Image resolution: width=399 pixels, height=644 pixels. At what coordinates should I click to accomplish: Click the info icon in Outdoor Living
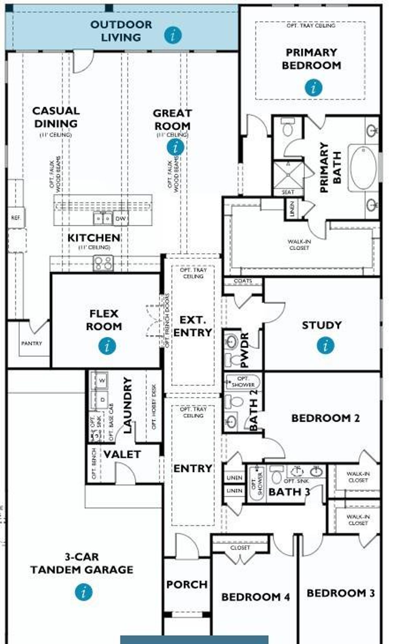(x=173, y=35)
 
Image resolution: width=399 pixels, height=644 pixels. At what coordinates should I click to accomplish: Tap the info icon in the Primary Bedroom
(x=313, y=87)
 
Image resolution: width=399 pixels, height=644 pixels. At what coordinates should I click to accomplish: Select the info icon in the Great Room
(x=175, y=147)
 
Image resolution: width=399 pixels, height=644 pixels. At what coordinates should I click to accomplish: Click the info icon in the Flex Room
(x=107, y=346)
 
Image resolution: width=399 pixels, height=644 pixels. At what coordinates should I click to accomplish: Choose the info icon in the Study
(x=326, y=346)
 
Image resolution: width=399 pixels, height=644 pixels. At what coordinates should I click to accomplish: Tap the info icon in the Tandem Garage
(x=84, y=592)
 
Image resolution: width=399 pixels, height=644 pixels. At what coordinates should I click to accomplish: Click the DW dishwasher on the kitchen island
(x=120, y=219)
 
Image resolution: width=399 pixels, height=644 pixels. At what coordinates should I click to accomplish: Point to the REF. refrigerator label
(x=16, y=218)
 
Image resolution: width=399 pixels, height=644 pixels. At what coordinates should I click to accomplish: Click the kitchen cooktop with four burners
(x=103, y=263)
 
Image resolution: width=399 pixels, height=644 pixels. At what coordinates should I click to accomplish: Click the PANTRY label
(x=31, y=343)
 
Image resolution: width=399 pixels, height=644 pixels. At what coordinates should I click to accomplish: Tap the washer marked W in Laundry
(x=102, y=380)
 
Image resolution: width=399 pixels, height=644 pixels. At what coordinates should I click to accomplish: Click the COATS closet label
(x=243, y=281)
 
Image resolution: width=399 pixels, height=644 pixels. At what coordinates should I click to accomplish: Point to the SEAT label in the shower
(x=288, y=192)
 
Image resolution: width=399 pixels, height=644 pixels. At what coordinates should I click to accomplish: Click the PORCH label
(x=187, y=584)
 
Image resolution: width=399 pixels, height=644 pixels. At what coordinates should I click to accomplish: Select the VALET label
(x=122, y=454)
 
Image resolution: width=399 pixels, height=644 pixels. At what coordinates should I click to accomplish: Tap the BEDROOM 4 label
(x=256, y=597)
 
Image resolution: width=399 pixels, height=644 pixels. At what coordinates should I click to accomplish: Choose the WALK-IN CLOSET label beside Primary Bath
(x=299, y=245)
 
